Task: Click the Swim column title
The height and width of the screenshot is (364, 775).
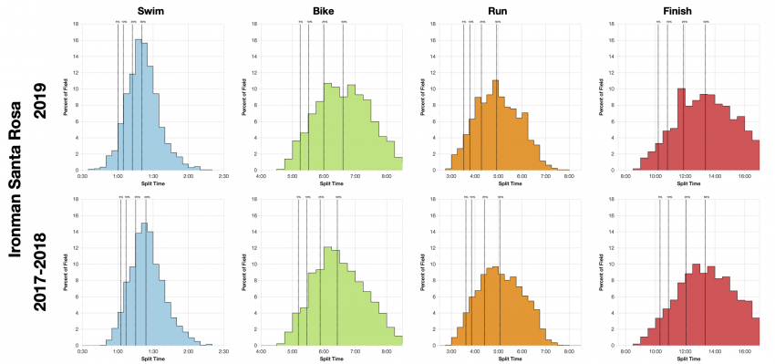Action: click(150, 8)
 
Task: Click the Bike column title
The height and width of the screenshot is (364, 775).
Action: click(331, 8)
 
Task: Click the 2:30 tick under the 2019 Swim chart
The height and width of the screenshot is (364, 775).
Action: click(223, 175)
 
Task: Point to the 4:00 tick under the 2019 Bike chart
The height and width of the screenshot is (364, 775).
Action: click(262, 175)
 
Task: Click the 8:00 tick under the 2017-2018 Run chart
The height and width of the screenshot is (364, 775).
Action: click(568, 351)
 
